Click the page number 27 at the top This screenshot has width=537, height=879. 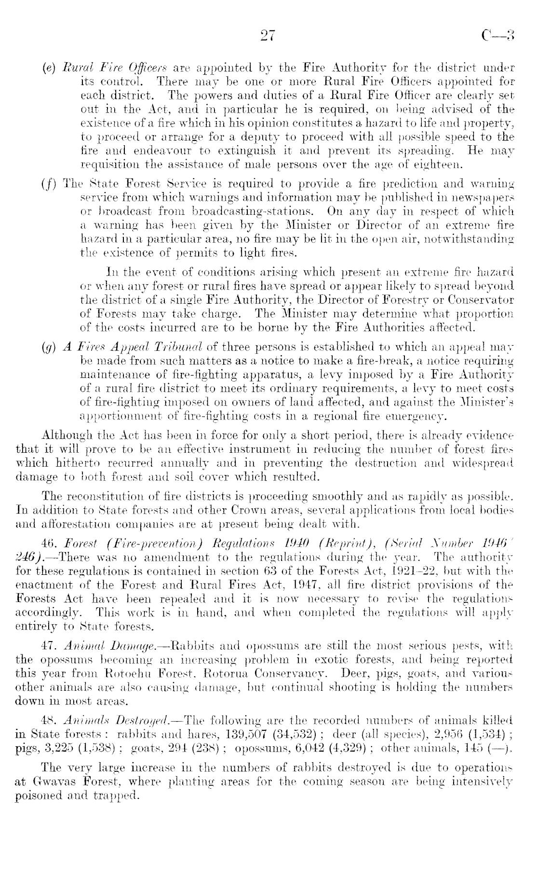point(267,35)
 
